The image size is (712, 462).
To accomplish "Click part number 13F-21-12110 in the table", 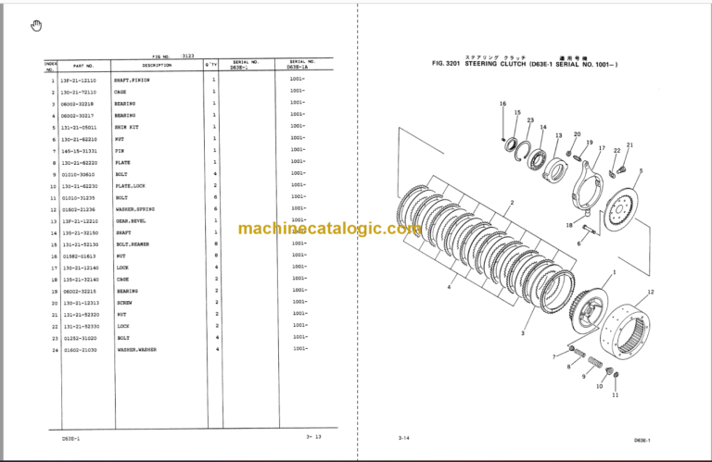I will [x=78, y=81].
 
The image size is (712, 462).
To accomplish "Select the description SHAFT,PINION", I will [x=133, y=81].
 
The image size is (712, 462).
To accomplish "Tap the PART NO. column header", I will [x=84, y=66].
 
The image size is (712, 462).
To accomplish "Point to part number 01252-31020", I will [x=78, y=338].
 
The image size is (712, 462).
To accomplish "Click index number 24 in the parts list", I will [x=55, y=350].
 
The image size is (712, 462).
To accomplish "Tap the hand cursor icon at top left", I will [x=36, y=25].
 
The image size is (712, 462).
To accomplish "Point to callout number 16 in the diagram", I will [x=502, y=104].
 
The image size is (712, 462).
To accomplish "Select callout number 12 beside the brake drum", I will [x=650, y=293].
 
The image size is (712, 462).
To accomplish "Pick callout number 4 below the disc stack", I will [x=450, y=288].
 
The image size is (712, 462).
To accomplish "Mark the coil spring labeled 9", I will [x=592, y=363].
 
